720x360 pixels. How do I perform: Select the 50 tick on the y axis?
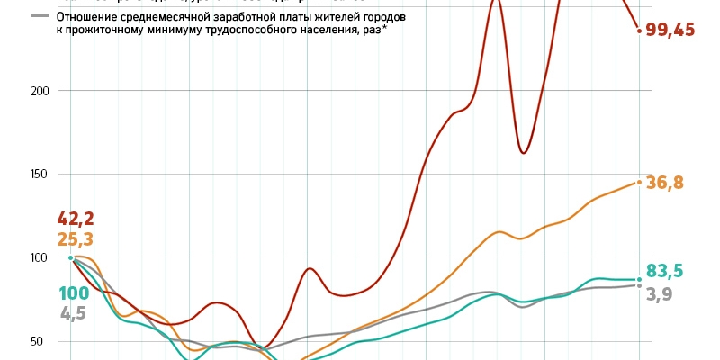click(38, 341)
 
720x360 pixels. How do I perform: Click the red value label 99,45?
click(670, 31)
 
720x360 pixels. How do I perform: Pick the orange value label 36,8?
click(665, 183)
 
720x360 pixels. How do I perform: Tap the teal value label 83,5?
click(665, 271)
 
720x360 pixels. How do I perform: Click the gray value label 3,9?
click(660, 292)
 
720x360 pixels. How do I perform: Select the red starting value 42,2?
click(76, 219)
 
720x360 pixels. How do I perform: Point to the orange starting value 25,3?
click(76, 239)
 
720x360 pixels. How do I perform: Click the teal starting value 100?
click(76, 293)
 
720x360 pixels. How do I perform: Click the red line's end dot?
click(639, 31)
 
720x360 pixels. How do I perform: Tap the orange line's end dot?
click(639, 182)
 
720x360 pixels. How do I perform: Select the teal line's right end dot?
click(639, 278)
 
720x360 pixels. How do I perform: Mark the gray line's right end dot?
click(639, 285)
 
